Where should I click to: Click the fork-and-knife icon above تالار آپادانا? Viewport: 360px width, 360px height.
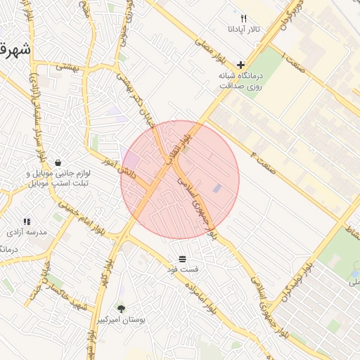pyautogui.click(x=243, y=18)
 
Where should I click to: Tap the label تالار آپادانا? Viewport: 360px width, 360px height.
pyautogui.click(x=243, y=30)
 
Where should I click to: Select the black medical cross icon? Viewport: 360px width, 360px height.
pyautogui.click(x=240, y=64)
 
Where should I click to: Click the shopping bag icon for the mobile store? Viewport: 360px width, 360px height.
pyautogui.click(x=57, y=162)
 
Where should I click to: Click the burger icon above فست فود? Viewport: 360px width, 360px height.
pyautogui.click(x=183, y=259)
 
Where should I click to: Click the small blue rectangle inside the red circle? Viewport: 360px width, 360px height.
pyautogui.click(x=217, y=188)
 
